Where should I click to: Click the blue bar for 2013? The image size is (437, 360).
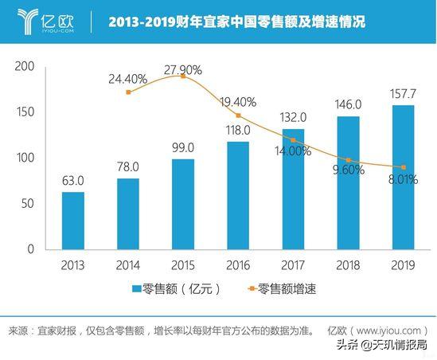click(72, 220)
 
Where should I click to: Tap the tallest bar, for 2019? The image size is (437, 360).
click(402, 177)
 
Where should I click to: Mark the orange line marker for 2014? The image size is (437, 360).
click(128, 92)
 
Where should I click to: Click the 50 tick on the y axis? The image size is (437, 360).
click(27, 203)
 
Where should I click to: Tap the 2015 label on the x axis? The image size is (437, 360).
click(182, 263)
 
